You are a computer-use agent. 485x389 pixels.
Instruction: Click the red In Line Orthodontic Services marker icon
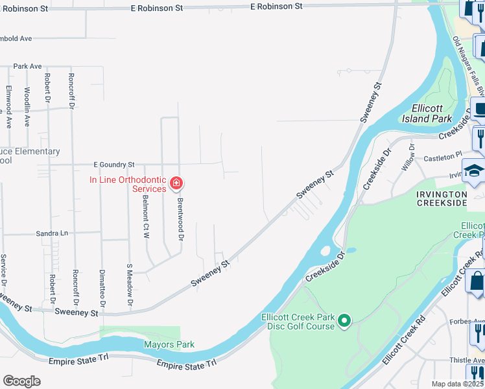175,184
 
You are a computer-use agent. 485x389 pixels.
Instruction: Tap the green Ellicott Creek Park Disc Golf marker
345,320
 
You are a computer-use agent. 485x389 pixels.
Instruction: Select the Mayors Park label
169,345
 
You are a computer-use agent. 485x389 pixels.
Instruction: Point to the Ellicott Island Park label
431,113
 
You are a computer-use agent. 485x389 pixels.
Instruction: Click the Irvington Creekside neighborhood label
442,198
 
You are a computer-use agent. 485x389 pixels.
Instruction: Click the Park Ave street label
27,66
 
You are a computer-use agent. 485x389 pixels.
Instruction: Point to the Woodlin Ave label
27,106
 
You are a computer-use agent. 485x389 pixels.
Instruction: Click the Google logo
21,381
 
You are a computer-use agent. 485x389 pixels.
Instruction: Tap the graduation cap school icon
474,171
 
